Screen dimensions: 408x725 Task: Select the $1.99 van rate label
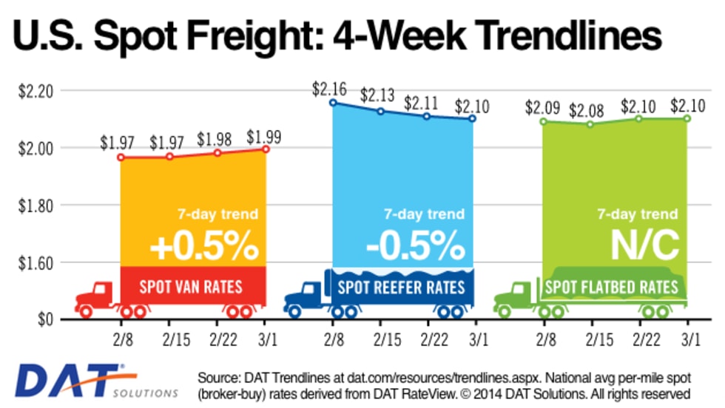pos(264,136)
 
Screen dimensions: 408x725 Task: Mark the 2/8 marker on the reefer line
pos(333,103)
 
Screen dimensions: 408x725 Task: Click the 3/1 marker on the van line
pos(265,149)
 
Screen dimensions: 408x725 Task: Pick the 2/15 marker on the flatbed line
pos(590,124)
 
